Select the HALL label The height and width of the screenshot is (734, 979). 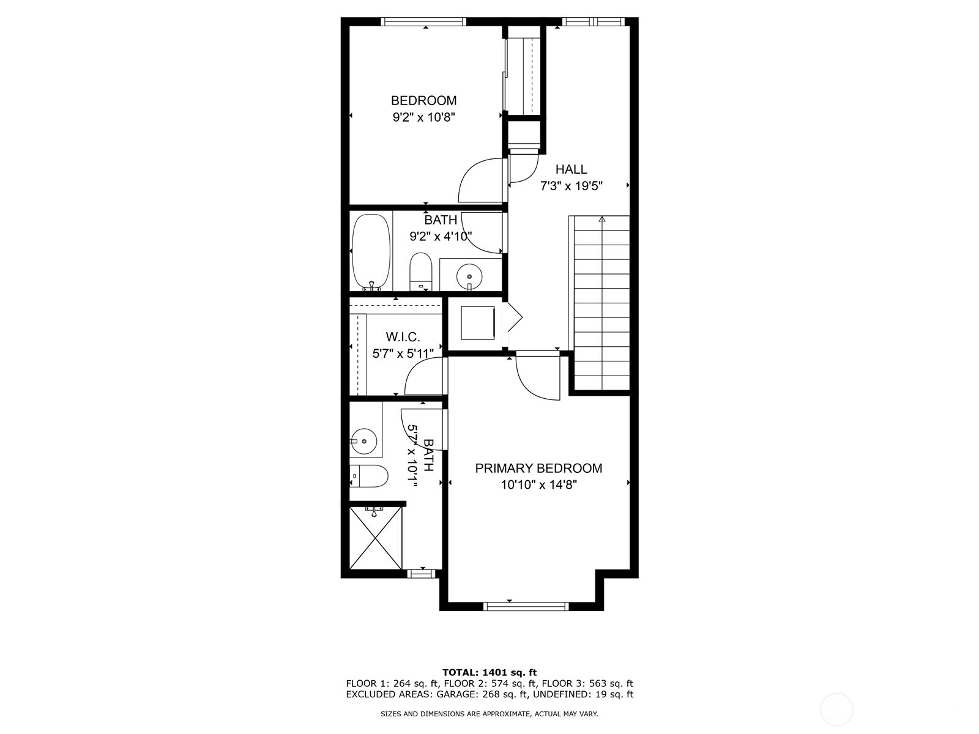pyautogui.click(x=571, y=169)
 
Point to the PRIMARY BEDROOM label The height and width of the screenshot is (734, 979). pyautogui.click(x=538, y=469)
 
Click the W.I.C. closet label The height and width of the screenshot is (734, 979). pyautogui.click(x=403, y=337)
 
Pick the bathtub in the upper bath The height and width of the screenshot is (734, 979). pyautogui.click(x=371, y=251)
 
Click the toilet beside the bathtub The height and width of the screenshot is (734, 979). pyautogui.click(x=421, y=272)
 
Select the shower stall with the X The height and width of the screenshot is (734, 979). pyautogui.click(x=376, y=538)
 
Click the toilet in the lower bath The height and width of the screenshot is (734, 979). pyautogui.click(x=369, y=476)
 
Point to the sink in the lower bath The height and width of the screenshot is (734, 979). pyautogui.click(x=363, y=440)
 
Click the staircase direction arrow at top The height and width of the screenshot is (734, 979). pyautogui.click(x=601, y=219)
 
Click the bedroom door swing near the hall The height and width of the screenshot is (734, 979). pyautogui.click(x=481, y=180)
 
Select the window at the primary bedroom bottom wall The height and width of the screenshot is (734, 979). pyautogui.click(x=526, y=606)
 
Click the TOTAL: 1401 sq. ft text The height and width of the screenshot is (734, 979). pyautogui.click(x=489, y=672)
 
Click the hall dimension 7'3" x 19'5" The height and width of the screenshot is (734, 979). pyautogui.click(x=571, y=187)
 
